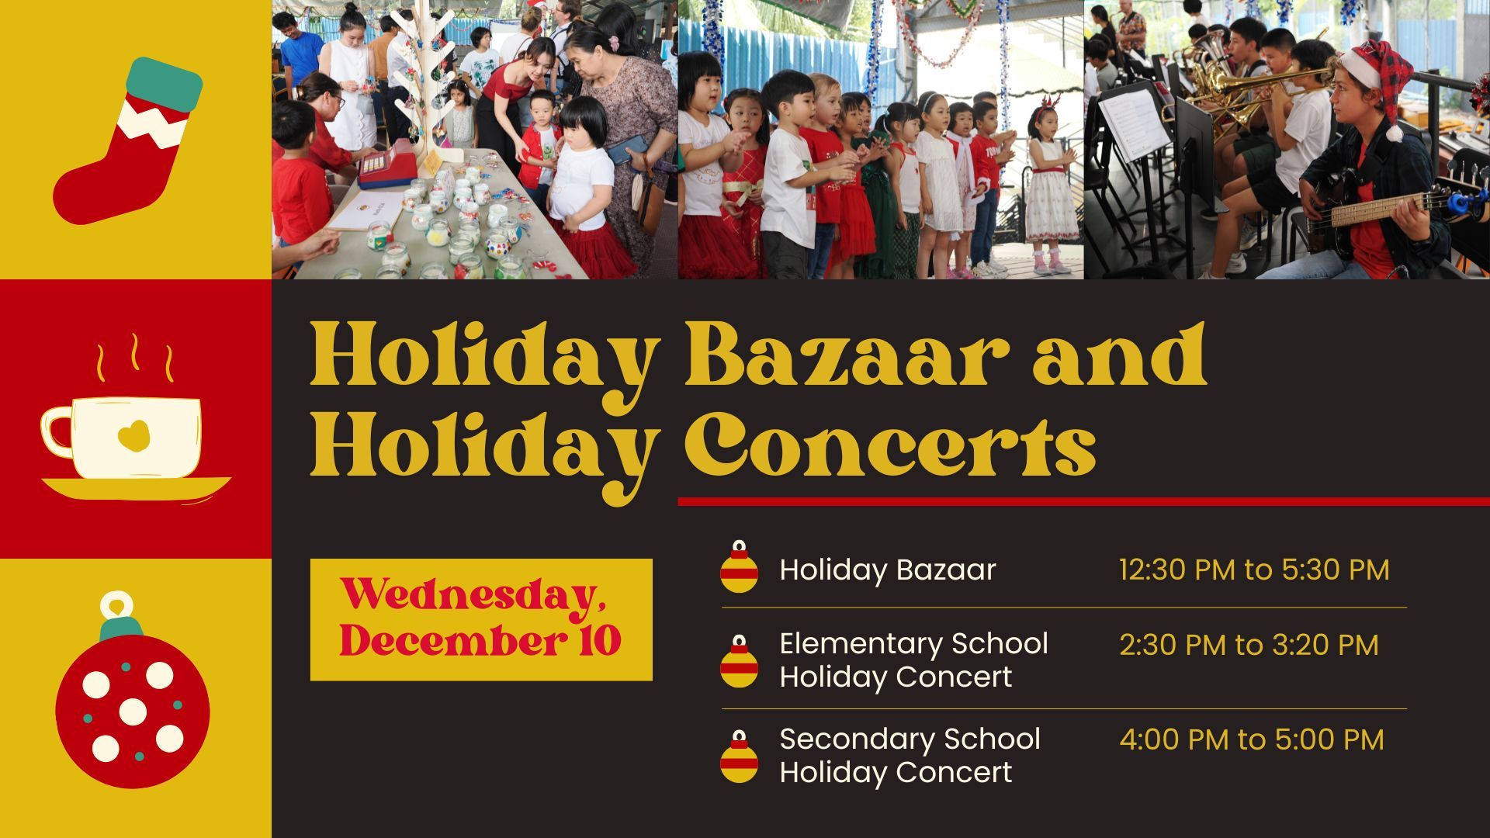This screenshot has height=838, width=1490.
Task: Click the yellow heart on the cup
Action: click(134, 436)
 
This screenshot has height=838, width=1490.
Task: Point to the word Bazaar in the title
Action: click(847, 355)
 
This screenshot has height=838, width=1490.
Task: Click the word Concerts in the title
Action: click(889, 445)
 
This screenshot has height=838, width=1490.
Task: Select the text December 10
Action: click(480, 641)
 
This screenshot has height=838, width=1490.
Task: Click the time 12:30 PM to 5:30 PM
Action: click(1254, 570)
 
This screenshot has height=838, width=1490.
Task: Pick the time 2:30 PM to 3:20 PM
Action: click(1249, 645)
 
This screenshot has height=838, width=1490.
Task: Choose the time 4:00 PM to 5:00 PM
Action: click(1252, 739)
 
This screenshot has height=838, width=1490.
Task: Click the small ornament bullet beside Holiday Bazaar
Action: click(739, 567)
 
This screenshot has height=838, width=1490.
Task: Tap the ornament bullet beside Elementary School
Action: click(739, 661)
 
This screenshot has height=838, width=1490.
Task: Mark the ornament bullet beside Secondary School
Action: click(739, 757)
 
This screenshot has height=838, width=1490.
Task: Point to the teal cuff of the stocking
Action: click(165, 84)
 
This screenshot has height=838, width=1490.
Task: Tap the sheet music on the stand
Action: click(1134, 124)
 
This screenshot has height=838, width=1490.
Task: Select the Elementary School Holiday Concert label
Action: click(913, 660)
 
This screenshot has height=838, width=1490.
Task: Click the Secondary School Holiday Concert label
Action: click(910, 756)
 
